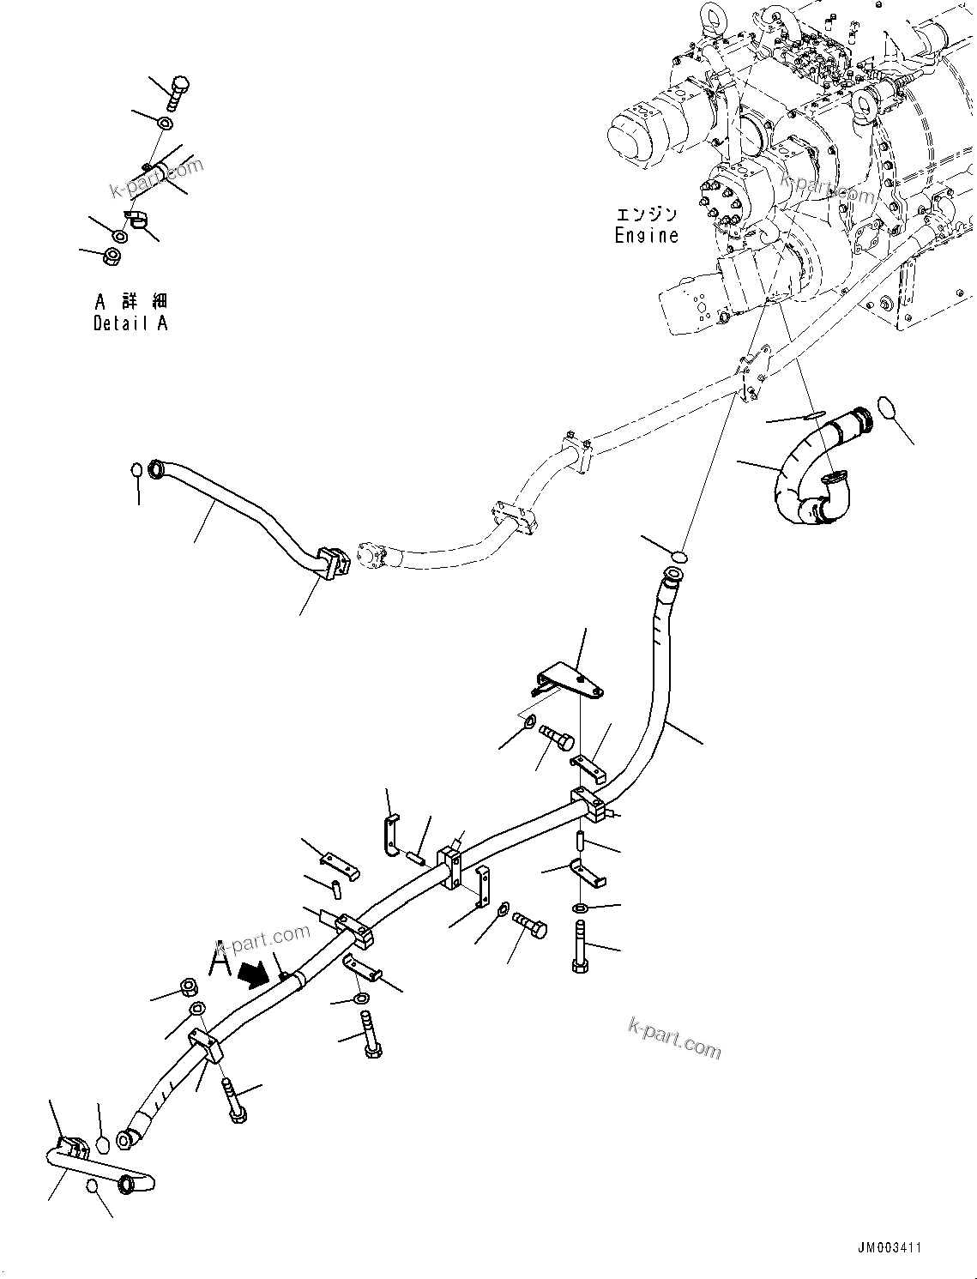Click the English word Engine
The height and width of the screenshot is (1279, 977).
tap(646, 236)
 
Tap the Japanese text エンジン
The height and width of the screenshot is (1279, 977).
tap(646, 214)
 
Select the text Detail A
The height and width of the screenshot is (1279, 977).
tap(130, 323)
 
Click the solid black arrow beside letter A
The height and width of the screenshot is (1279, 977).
tap(253, 974)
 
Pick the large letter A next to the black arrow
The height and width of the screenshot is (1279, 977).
tap(221, 958)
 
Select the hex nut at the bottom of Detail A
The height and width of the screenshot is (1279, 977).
tap(112, 255)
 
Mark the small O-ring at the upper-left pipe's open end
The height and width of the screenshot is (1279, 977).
tap(136, 470)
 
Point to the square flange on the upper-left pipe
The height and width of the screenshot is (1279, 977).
tap(330, 564)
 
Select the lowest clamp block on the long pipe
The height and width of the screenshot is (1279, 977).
tap(207, 1047)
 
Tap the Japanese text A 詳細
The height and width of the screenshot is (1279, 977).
tap(130, 302)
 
